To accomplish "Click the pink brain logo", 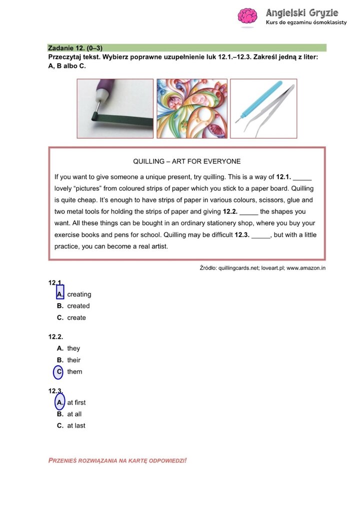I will pos(247,16).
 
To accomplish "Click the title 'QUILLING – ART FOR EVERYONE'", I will pos(186,161).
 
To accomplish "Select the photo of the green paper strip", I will pos(115,108).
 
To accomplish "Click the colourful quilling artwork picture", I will pos(192,108).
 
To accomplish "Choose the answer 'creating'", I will pos(79,294).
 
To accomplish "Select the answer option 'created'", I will pos(78,306).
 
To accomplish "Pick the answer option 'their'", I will pos(73,360).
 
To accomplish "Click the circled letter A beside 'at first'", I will pos(59,402).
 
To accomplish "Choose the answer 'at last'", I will pos(76,426).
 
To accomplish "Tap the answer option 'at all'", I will pos(74,414).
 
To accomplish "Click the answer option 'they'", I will pos(73,348).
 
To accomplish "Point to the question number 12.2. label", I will pos(55,337).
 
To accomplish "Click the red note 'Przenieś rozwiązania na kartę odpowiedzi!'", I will pos(117,460).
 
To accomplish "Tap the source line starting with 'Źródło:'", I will pos(262,268).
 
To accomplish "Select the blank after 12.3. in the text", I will pos(260,235).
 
